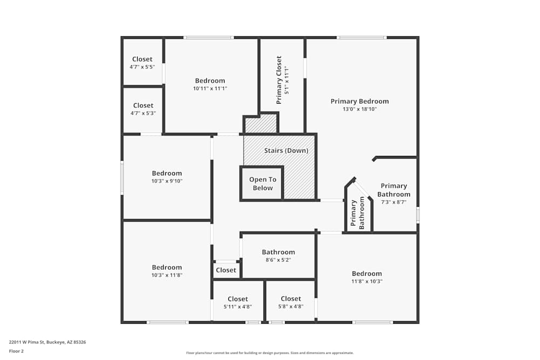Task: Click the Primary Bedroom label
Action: click(x=360, y=101)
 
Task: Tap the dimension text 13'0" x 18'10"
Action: click(x=360, y=109)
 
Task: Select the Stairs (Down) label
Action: click(x=286, y=151)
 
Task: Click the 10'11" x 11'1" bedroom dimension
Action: click(x=210, y=89)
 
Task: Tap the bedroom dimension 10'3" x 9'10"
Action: click(x=167, y=181)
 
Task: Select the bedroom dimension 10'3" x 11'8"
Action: click(x=167, y=275)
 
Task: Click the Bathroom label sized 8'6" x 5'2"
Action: click(x=278, y=252)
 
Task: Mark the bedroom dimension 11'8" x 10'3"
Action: click(x=367, y=281)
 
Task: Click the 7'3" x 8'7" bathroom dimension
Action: click(x=394, y=202)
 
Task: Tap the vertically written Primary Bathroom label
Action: click(x=357, y=214)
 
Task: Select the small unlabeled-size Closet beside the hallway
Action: click(x=226, y=270)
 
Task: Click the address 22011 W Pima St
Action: click(x=48, y=342)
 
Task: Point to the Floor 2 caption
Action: click(x=16, y=351)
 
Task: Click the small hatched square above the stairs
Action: click(x=261, y=124)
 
